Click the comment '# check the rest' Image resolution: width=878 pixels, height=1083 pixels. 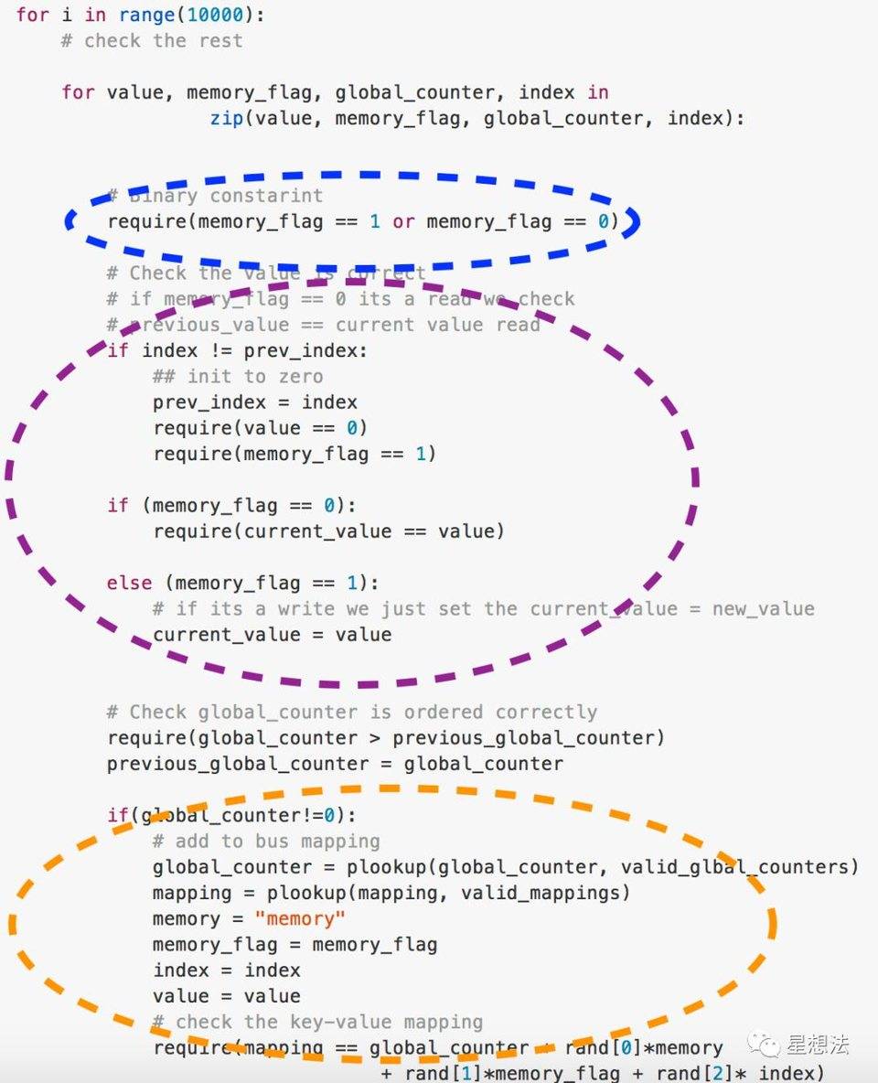tap(152, 40)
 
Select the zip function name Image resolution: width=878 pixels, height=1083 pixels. tap(227, 118)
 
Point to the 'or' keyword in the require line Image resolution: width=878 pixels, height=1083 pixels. tap(403, 221)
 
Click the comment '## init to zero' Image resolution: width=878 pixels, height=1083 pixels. tap(238, 376)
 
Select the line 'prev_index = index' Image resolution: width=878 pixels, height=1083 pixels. tap(255, 402)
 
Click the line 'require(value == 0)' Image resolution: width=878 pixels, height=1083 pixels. tap(261, 428)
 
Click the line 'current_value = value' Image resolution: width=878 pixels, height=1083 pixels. tap(272, 634)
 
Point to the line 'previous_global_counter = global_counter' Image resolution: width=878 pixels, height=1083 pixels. tap(335, 763)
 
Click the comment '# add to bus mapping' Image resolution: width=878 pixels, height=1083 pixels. tap(266, 841)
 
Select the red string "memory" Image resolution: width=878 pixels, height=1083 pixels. tap(301, 918)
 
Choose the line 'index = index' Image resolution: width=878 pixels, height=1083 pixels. tap(226, 970)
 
